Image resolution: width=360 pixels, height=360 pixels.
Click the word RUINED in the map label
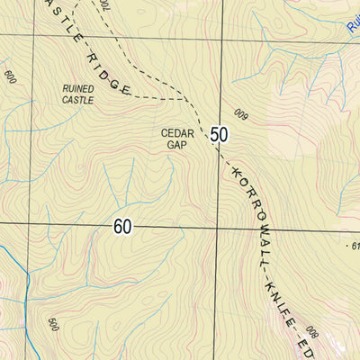click(x=78, y=88)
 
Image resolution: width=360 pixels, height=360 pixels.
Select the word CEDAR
click(x=177, y=132)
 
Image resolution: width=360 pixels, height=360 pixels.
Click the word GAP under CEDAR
click(x=177, y=144)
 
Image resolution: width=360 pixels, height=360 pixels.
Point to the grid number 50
click(x=219, y=135)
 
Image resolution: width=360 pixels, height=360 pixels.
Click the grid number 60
click(x=124, y=227)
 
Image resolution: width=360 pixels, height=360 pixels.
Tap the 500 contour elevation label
click(x=53, y=326)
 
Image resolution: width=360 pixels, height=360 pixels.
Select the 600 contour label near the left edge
click(x=10, y=78)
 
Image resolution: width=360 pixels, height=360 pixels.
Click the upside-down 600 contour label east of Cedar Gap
click(x=240, y=113)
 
